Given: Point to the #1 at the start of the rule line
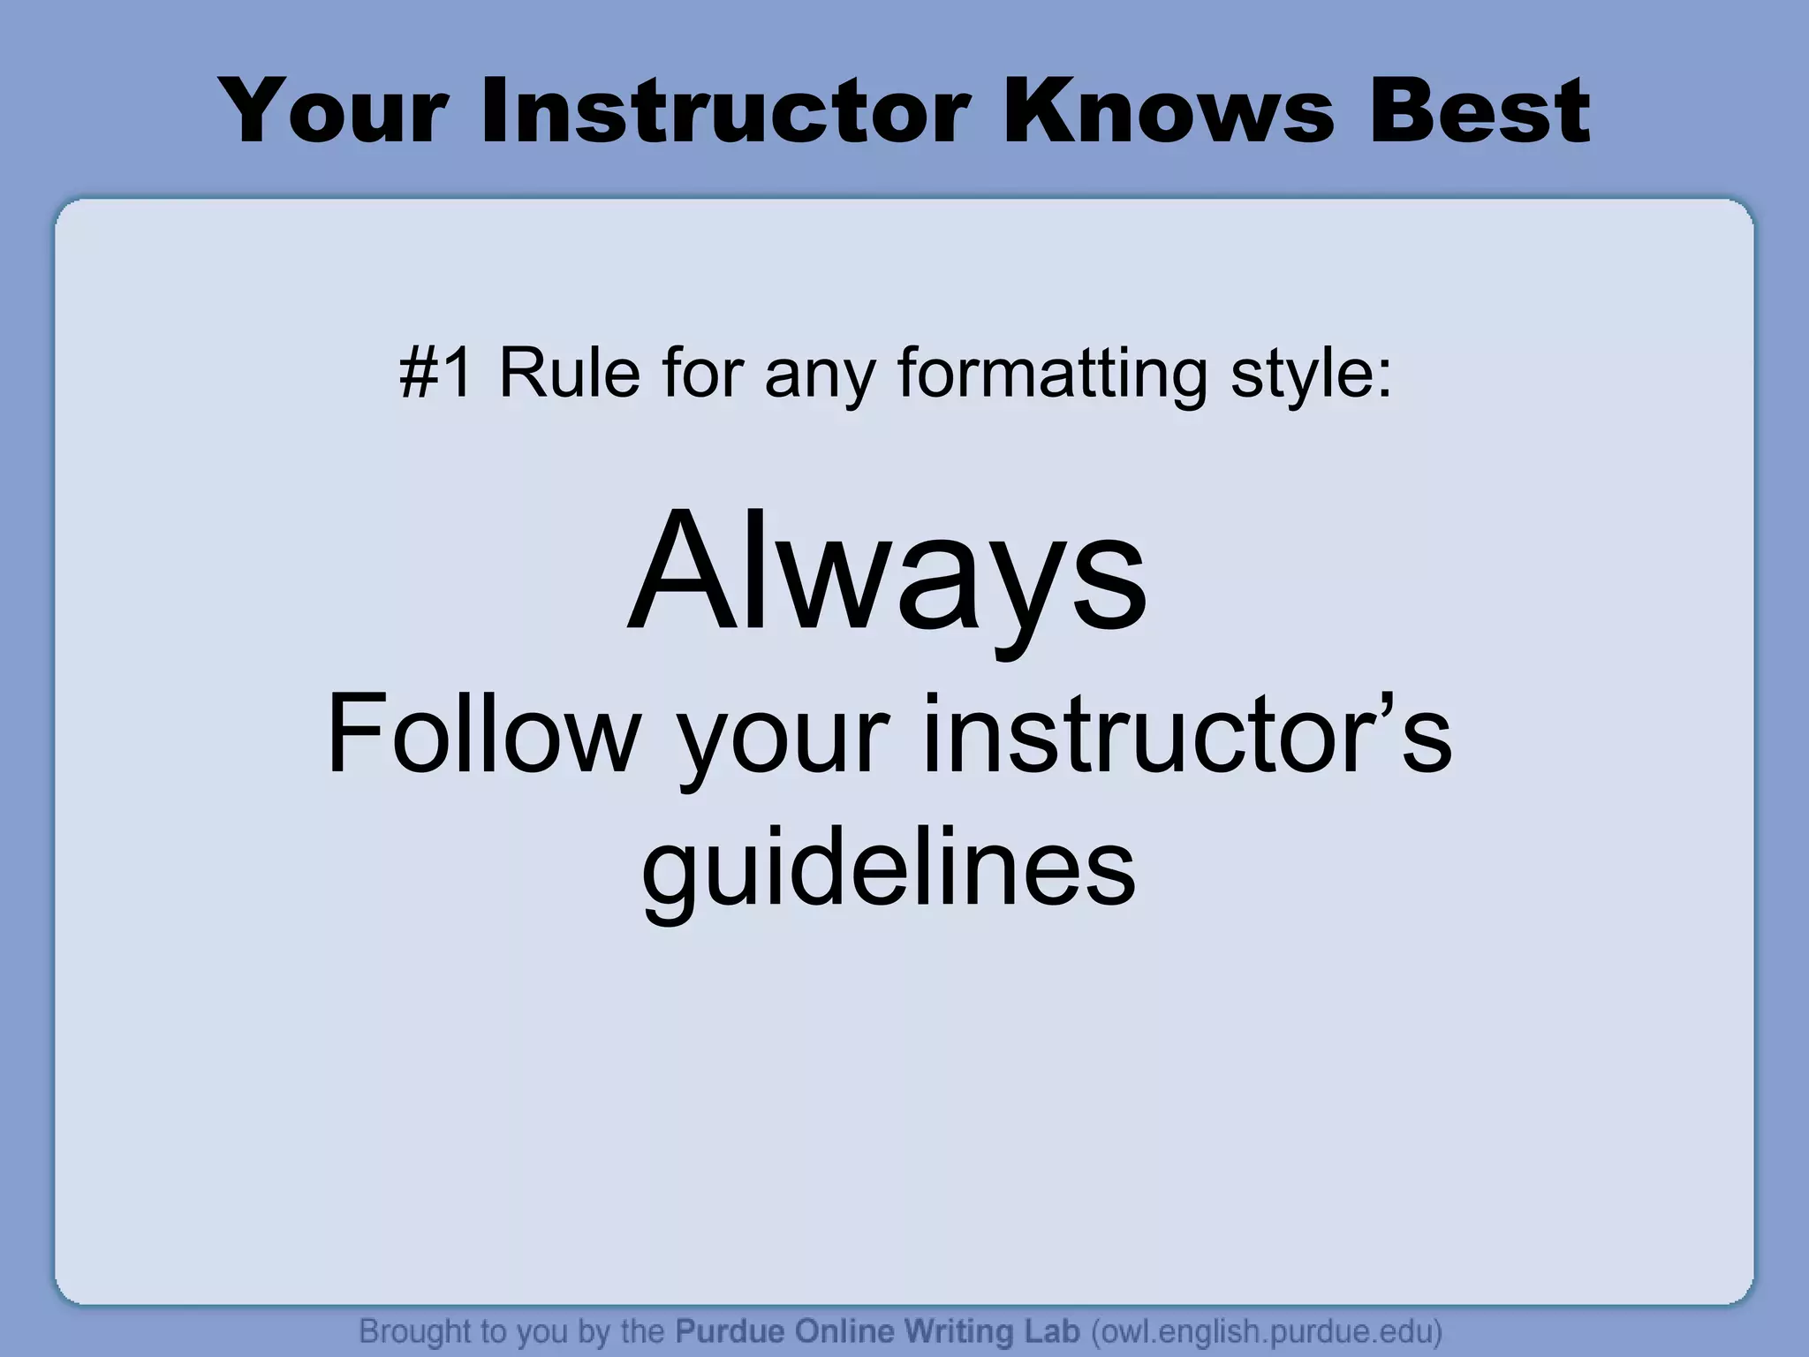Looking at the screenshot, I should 436,373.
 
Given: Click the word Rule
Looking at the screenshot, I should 570,373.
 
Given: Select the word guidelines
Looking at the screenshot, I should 889,870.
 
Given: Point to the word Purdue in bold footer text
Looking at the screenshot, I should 730,1330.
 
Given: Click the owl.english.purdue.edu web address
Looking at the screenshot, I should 1266,1331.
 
